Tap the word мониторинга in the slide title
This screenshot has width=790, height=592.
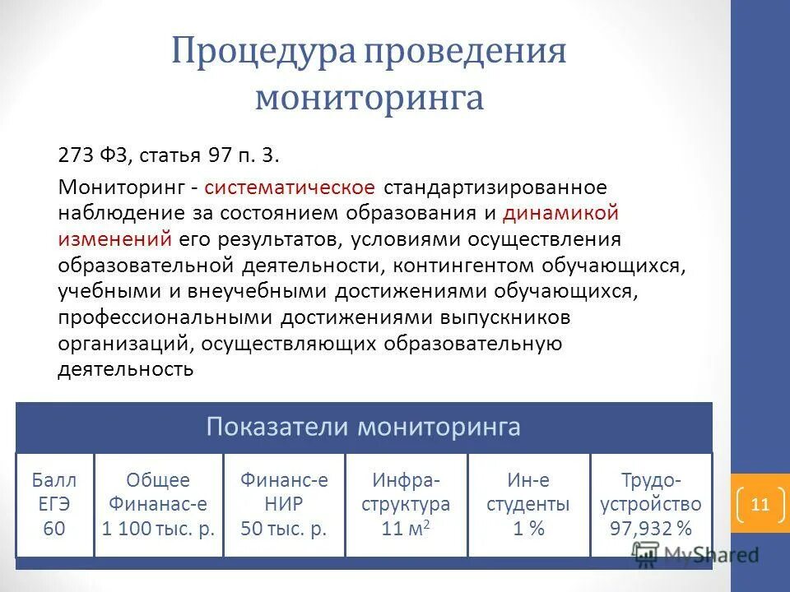coord(369,97)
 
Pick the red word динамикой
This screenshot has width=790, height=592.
coord(560,213)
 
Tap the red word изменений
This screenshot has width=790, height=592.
coord(114,239)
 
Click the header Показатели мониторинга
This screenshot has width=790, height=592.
coord(363,427)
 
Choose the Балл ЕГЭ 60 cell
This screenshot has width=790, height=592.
coord(54,504)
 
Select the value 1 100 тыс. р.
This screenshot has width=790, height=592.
coord(158,528)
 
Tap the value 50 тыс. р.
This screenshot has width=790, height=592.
coord(284,528)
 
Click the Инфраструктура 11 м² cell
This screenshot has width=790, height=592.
coord(406,504)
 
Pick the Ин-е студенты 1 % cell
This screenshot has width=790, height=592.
coord(528,504)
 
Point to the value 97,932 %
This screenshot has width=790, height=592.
coord(651,528)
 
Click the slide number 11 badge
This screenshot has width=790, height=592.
coord(759,504)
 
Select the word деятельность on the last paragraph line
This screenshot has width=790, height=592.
coord(125,369)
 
